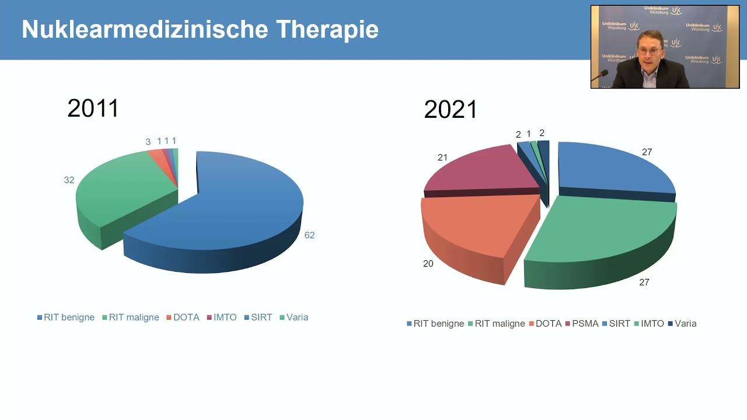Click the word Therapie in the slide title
[327, 29]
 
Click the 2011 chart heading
[93, 108]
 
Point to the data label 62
[309, 235]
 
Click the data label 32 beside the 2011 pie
[69, 180]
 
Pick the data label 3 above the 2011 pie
[148, 142]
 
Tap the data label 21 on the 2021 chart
[442, 157]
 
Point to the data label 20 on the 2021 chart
[428, 264]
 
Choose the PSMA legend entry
[582, 324]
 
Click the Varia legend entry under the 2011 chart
[294, 317]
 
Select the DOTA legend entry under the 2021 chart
[545, 324]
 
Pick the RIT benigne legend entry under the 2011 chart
[66, 317]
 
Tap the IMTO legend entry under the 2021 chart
[649, 324]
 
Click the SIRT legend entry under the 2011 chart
[258, 317]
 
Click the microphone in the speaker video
[602, 75]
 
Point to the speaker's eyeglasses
[648, 51]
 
